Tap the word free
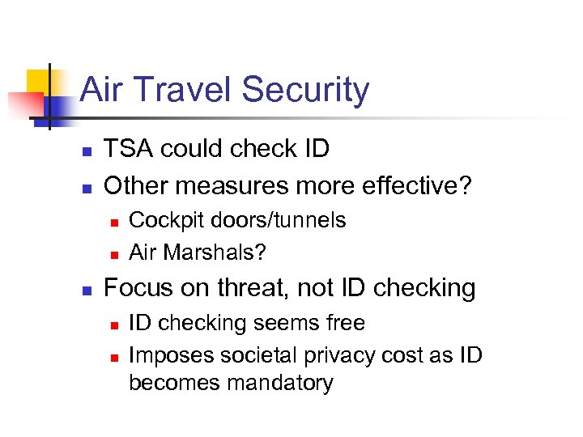pos(343,323)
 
